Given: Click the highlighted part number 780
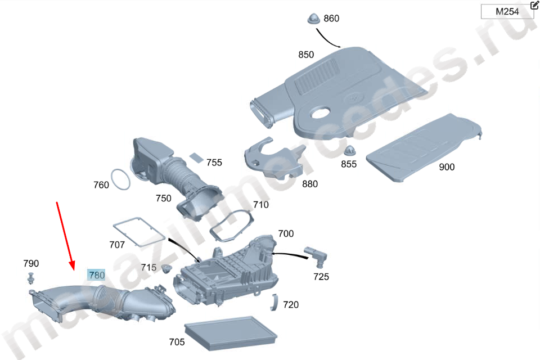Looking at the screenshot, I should [x=97, y=275].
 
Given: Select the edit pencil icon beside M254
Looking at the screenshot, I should [x=534, y=6].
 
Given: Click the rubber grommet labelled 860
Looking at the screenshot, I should [x=313, y=19].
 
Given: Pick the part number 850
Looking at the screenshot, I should [x=306, y=55].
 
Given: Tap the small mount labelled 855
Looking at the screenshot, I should [x=349, y=150].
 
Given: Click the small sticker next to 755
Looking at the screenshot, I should [x=195, y=157].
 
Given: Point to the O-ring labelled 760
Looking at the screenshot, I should [x=120, y=179].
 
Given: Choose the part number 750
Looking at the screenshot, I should [x=163, y=198].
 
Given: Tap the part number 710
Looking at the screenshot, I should [x=260, y=205].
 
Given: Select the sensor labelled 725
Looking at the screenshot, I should [x=316, y=254].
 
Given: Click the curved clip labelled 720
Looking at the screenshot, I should [x=275, y=302].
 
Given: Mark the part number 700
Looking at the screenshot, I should [x=286, y=233].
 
